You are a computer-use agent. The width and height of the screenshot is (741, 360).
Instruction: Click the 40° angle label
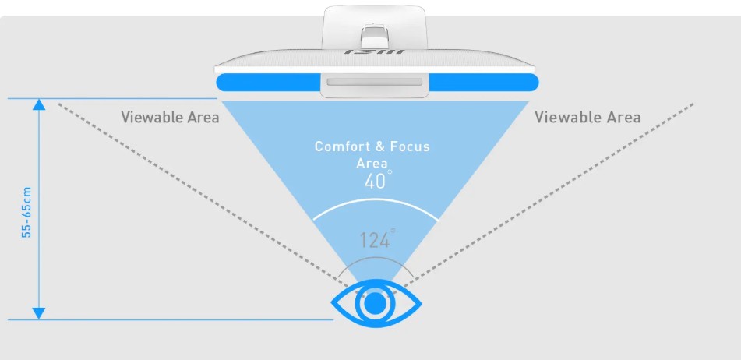point(376,181)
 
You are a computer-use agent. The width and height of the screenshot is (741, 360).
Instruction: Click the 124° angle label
point(376,239)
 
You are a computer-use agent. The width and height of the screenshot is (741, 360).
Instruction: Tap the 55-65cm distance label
point(26,211)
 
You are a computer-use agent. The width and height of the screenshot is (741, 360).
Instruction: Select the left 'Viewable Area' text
point(170,117)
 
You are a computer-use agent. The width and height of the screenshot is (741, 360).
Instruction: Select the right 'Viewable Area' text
point(588,117)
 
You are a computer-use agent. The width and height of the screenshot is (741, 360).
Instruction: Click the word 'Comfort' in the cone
point(341,146)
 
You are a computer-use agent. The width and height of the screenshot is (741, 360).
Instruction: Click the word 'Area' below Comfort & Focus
point(372,163)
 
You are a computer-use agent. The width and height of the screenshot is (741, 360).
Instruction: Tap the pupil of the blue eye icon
point(376,303)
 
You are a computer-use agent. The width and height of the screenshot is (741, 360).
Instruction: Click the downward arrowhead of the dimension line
point(39,313)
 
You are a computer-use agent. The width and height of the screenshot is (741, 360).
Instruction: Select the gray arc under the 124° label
point(376,262)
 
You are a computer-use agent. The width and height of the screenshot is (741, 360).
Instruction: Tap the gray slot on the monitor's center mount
point(376,82)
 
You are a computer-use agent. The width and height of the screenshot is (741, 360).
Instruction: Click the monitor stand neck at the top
point(376,27)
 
